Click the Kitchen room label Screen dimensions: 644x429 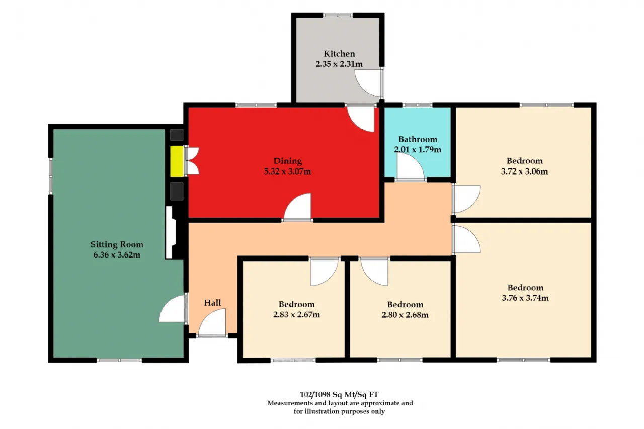(x=339, y=54)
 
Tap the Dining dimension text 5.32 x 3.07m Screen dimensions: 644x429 (x=287, y=171)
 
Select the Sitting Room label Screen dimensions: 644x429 (x=117, y=244)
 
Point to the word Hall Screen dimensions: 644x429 (x=212, y=303)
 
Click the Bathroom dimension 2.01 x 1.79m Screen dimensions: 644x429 (x=418, y=150)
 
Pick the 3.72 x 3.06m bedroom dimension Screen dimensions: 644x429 (x=524, y=171)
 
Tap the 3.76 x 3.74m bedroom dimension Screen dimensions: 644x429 (x=525, y=298)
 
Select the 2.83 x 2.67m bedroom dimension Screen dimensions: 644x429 (x=296, y=315)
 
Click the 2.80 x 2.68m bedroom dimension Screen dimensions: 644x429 (x=405, y=315)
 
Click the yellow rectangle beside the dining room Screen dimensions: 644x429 (x=177, y=161)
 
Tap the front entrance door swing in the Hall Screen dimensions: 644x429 (x=212, y=322)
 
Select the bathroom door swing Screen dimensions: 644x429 (x=410, y=166)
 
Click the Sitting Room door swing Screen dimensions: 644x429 (x=173, y=309)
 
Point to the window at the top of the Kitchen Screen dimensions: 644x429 (x=338, y=15)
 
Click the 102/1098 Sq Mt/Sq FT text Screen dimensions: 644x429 (x=339, y=394)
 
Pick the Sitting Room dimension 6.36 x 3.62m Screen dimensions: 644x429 (x=117, y=255)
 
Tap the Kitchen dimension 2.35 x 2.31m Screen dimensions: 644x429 (x=339, y=64)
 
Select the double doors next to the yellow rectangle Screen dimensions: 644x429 (x=192, y=161)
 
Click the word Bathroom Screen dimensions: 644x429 (x=418, y=139)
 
